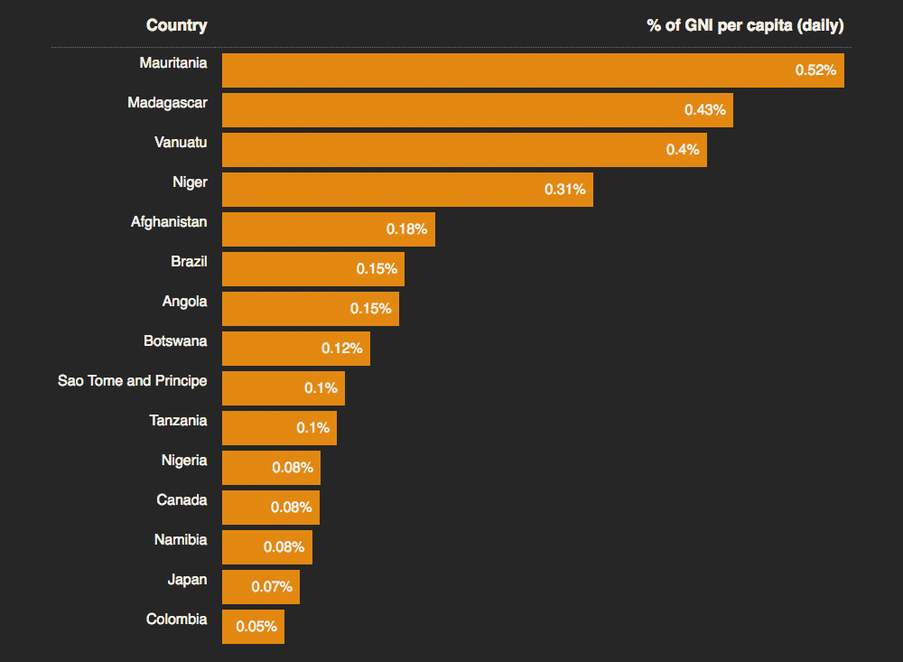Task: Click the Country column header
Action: pos(176,25)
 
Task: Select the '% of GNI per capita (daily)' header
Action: pos(745,25)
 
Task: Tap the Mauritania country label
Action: pos(173,63)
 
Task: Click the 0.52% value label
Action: pos(815,70)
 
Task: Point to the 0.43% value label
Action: pos(704,110)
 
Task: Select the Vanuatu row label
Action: pos(181,143)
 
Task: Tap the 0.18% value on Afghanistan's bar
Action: pos(406,229)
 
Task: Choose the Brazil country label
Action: pos(189,262)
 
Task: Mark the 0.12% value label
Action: pos(341,349)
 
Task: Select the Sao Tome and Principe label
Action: pos(132,381)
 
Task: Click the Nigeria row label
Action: pos(184,461)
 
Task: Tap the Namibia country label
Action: pos(181,540)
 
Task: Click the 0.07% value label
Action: pos(271,587)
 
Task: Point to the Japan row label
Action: pos(187,580)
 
